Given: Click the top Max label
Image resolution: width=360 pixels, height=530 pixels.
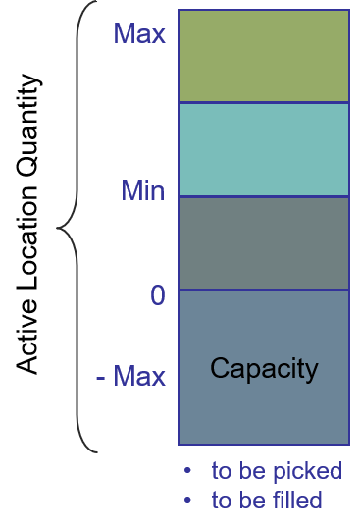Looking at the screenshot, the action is pyautogui.click(x=139, y=33).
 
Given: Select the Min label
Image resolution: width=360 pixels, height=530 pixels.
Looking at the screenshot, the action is pyautogui.click(x=143, y=190).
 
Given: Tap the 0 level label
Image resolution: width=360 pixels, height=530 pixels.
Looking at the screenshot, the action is pyautogui.click(x=158, y=295).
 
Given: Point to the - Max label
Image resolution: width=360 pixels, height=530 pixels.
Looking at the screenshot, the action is pyautogui.click(x=131, y=376).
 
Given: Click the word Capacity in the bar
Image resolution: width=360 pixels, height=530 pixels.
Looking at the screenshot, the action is pyautogui.click(x=264, y=369).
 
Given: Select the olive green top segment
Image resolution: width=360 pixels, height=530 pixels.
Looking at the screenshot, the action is pyautogui.click(x=264, y=56).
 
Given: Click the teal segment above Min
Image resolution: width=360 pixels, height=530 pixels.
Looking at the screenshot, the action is pyautogui.click(x=264, y=149).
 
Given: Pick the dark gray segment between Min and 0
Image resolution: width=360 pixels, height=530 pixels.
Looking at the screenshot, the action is pyautogui.click(x=264, y=243).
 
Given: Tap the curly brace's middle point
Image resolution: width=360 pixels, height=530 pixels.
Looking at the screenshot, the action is pyautogui.click(x=58, y=228).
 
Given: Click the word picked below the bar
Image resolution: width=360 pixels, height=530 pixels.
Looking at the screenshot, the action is pyautogui.click(x=307, y=471).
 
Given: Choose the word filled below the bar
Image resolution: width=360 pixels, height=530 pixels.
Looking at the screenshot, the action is pyautogui.click(x=297, y=500).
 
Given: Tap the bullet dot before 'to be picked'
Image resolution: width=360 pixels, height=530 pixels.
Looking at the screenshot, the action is pyautogui.click(x=187, y=470).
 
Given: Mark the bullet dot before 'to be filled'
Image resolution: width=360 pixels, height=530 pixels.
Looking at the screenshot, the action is pyautogui.click(x=187, y=500).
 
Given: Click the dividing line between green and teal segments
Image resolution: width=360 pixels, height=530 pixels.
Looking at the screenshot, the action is pyautogui.click(x=264, y=102).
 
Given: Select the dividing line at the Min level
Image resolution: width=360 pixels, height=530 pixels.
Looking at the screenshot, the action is pyautogui.click(x=264, y=196).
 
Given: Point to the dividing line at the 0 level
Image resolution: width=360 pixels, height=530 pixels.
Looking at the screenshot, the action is pyautogui.click(x=264, y=290).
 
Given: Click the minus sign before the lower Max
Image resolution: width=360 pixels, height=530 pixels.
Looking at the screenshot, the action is pyautogui.click(x=100, y=378).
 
